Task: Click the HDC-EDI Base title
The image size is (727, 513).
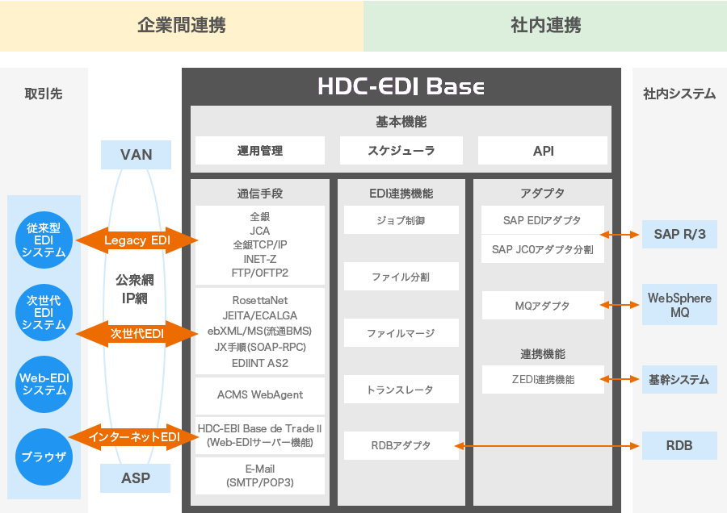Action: click(401, 86)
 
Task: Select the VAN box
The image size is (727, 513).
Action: click(136, 154)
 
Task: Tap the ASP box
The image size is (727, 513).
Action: click(136, 478)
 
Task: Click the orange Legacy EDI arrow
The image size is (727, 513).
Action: click(136, 240)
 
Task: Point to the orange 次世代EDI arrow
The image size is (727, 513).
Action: click(137, 333)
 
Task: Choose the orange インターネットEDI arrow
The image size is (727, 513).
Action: click(134, 437)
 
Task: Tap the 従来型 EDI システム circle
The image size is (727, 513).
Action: click(44, 241)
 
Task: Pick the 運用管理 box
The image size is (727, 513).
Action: click(260, 151)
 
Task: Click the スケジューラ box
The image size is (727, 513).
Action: click(401, 151)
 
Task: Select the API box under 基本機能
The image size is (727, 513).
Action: click(543, 151)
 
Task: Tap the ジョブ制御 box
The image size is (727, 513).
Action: click(401, 219)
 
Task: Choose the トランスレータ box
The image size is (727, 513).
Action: click(401, 390)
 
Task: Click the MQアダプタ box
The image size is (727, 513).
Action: click(542, 306)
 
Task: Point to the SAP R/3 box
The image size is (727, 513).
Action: click(679, 235)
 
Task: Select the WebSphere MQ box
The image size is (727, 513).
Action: click(679, 305)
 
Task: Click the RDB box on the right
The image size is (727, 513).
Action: click(679, 444)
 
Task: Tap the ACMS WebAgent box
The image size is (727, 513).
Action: click(260, 394)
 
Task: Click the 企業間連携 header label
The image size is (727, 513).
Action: click(182, 25)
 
